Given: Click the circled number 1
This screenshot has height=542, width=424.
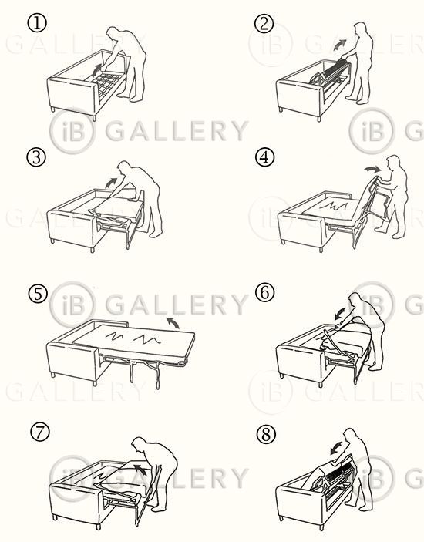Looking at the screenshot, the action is coord(36,23).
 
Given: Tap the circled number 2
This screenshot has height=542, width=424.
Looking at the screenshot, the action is coord(264,23).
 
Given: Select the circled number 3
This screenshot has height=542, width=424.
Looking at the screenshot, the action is coord(36,157).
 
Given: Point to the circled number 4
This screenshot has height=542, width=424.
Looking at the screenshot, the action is coord(264,157).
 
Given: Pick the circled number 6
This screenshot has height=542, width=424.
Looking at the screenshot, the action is coord(264,292).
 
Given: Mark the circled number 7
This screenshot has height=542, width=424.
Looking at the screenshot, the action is coord(40,433).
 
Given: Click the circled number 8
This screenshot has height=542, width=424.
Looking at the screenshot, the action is coord(267,434).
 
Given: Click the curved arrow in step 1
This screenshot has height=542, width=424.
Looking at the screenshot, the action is coord(98,70).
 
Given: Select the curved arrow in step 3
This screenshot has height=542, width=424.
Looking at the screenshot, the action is coord(111,182).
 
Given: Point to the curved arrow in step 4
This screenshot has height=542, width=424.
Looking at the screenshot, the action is coord(372,168).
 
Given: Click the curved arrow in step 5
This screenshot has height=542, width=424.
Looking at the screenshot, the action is coord(173,322).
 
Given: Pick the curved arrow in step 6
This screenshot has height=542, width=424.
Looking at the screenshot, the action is coord(341,314).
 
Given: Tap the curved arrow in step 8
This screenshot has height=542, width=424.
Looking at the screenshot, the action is coord(336,448).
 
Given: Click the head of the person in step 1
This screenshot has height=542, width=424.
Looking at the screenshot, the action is coord(113,34).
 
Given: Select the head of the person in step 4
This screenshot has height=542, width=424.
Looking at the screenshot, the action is coord(393,163).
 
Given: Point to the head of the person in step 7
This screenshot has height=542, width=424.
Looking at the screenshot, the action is coord(139,445).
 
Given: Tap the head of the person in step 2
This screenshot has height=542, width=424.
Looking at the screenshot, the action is coord(360,29).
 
